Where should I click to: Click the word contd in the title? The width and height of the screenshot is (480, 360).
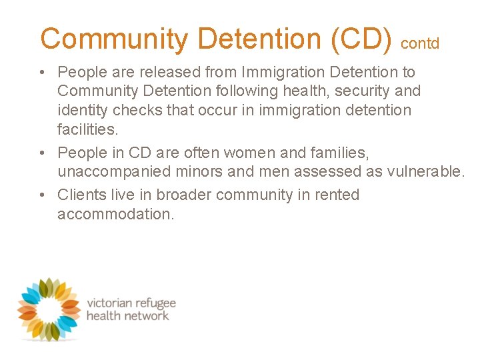click(x=420, y=44)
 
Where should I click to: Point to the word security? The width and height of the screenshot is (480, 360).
click(x=359, y=91)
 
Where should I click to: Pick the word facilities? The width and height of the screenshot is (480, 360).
click(x=87, y=129)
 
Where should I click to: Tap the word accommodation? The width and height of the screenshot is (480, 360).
click(x=115, y=214)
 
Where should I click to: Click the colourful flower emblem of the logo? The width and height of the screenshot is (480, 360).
click(x=48, y=308)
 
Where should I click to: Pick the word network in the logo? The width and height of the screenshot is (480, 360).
click(x=145, y=315)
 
